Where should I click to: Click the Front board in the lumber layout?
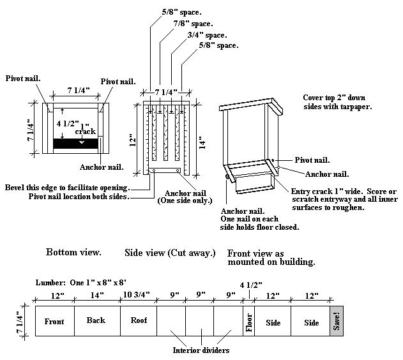coord(54,322)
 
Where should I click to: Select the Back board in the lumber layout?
coord(97,321)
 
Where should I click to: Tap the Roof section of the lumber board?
coord(139,321)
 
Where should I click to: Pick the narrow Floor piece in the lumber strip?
coord(248,322)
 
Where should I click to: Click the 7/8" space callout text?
coord(194,22)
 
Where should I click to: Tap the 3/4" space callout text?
coord(208,34)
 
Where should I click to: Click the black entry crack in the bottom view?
coord(75,144)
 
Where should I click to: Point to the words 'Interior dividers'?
coord(201,350)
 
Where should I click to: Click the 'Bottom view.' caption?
coord(73,252)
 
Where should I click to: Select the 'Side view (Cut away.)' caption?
coord(171,253)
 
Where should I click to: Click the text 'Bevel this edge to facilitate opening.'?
coord(66,188)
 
